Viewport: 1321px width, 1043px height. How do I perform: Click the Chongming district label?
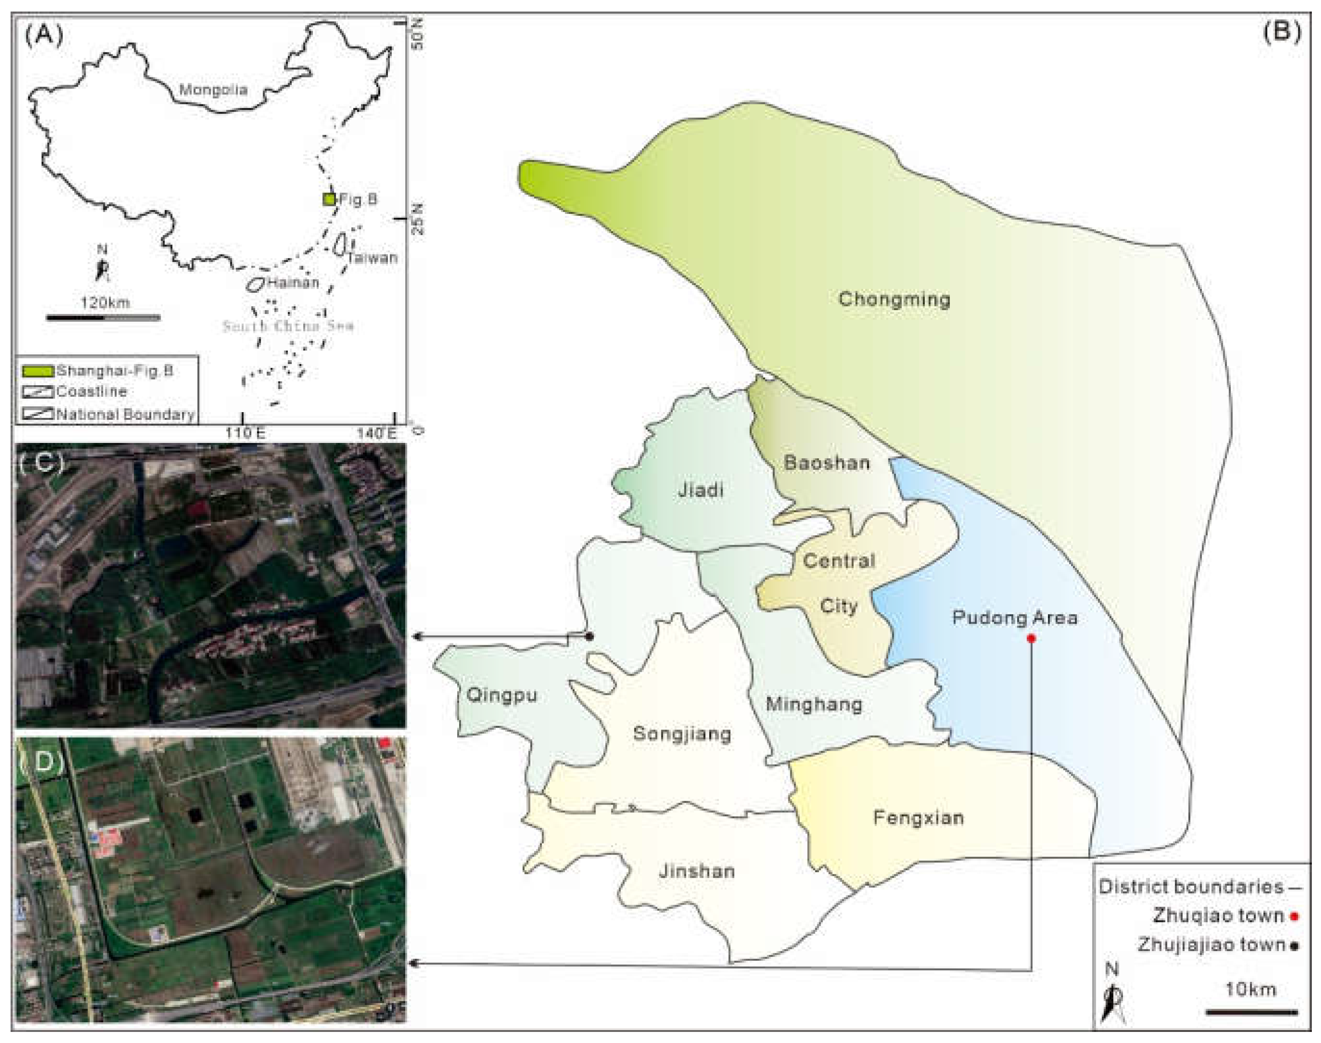(x=894, y=299)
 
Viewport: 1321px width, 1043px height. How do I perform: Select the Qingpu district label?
(x=501, y=695)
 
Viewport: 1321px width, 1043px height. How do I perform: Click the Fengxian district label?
(x=918, y=817)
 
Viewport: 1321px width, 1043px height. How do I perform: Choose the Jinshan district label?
(x=697, y=871)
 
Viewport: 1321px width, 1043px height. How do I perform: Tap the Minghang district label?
(x=814, y=704)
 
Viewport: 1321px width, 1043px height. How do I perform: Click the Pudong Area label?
(x=1015, y=618)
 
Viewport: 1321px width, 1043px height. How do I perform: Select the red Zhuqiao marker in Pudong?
(x=1031, y=639)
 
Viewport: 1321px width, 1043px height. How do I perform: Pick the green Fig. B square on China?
(x=329, y=199)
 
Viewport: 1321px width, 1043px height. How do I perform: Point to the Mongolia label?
(x=213, y=90)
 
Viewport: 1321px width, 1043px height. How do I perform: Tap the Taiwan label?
(x=373, y=258)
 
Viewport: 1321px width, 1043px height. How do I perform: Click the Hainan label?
(x=293, y=283)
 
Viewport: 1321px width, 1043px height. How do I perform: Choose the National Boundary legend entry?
(x=125, y=414)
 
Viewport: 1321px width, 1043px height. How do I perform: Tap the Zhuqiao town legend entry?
(x=1218, y=916)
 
